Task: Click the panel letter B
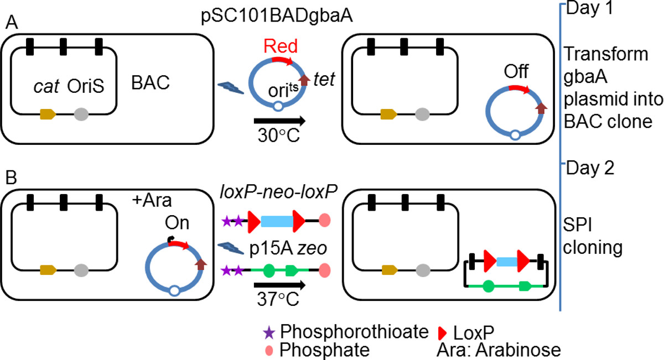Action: tap(9, 178)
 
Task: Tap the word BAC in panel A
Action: tap(150, 84)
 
